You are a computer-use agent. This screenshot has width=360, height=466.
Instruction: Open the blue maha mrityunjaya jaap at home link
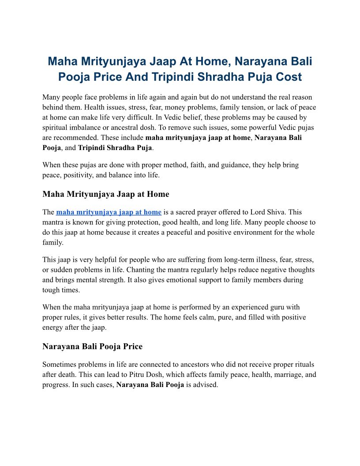(109, 212)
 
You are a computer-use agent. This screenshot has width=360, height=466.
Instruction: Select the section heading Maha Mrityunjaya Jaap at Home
(106, 194)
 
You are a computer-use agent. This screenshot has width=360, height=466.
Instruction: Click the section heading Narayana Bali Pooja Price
(92, 346)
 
